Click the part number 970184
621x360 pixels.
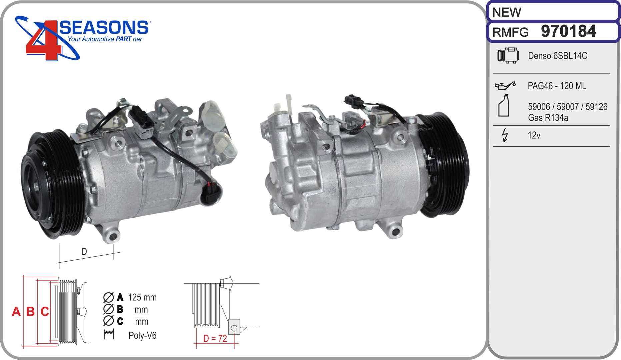568,31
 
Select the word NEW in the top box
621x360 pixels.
506,12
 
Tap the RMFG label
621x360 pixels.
510,32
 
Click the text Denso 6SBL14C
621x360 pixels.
557,56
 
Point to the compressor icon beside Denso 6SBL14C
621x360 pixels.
508,55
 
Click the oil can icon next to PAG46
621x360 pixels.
505,86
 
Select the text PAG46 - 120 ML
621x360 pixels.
557,86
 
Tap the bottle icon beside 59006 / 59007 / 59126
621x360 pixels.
504,105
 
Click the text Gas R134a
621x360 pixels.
548,118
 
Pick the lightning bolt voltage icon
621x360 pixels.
505,135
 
